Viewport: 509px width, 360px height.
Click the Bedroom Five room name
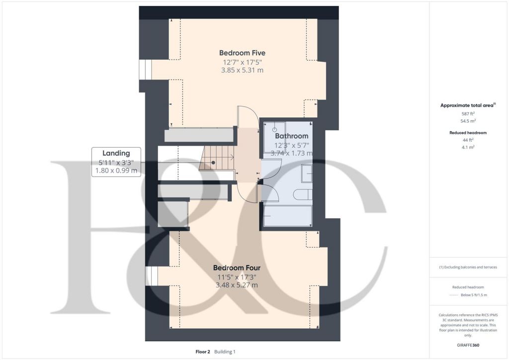coord(242,53)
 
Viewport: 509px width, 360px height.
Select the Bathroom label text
coord(292,136)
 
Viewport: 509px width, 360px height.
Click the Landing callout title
coord(116,153)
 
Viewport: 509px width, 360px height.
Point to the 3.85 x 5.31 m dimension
coord(242,70)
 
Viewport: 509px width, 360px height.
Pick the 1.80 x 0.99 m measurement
coord(116,171)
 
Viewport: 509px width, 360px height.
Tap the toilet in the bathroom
coord(302,194)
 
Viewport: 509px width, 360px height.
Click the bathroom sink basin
coord(307,173)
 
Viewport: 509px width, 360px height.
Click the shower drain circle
coord(274,129)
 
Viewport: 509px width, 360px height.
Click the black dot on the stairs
coord(213,163)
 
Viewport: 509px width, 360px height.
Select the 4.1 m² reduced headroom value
coord(468,147)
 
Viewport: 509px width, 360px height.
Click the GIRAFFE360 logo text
coord(468,345)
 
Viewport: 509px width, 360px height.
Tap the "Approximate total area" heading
coord(468,105)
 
